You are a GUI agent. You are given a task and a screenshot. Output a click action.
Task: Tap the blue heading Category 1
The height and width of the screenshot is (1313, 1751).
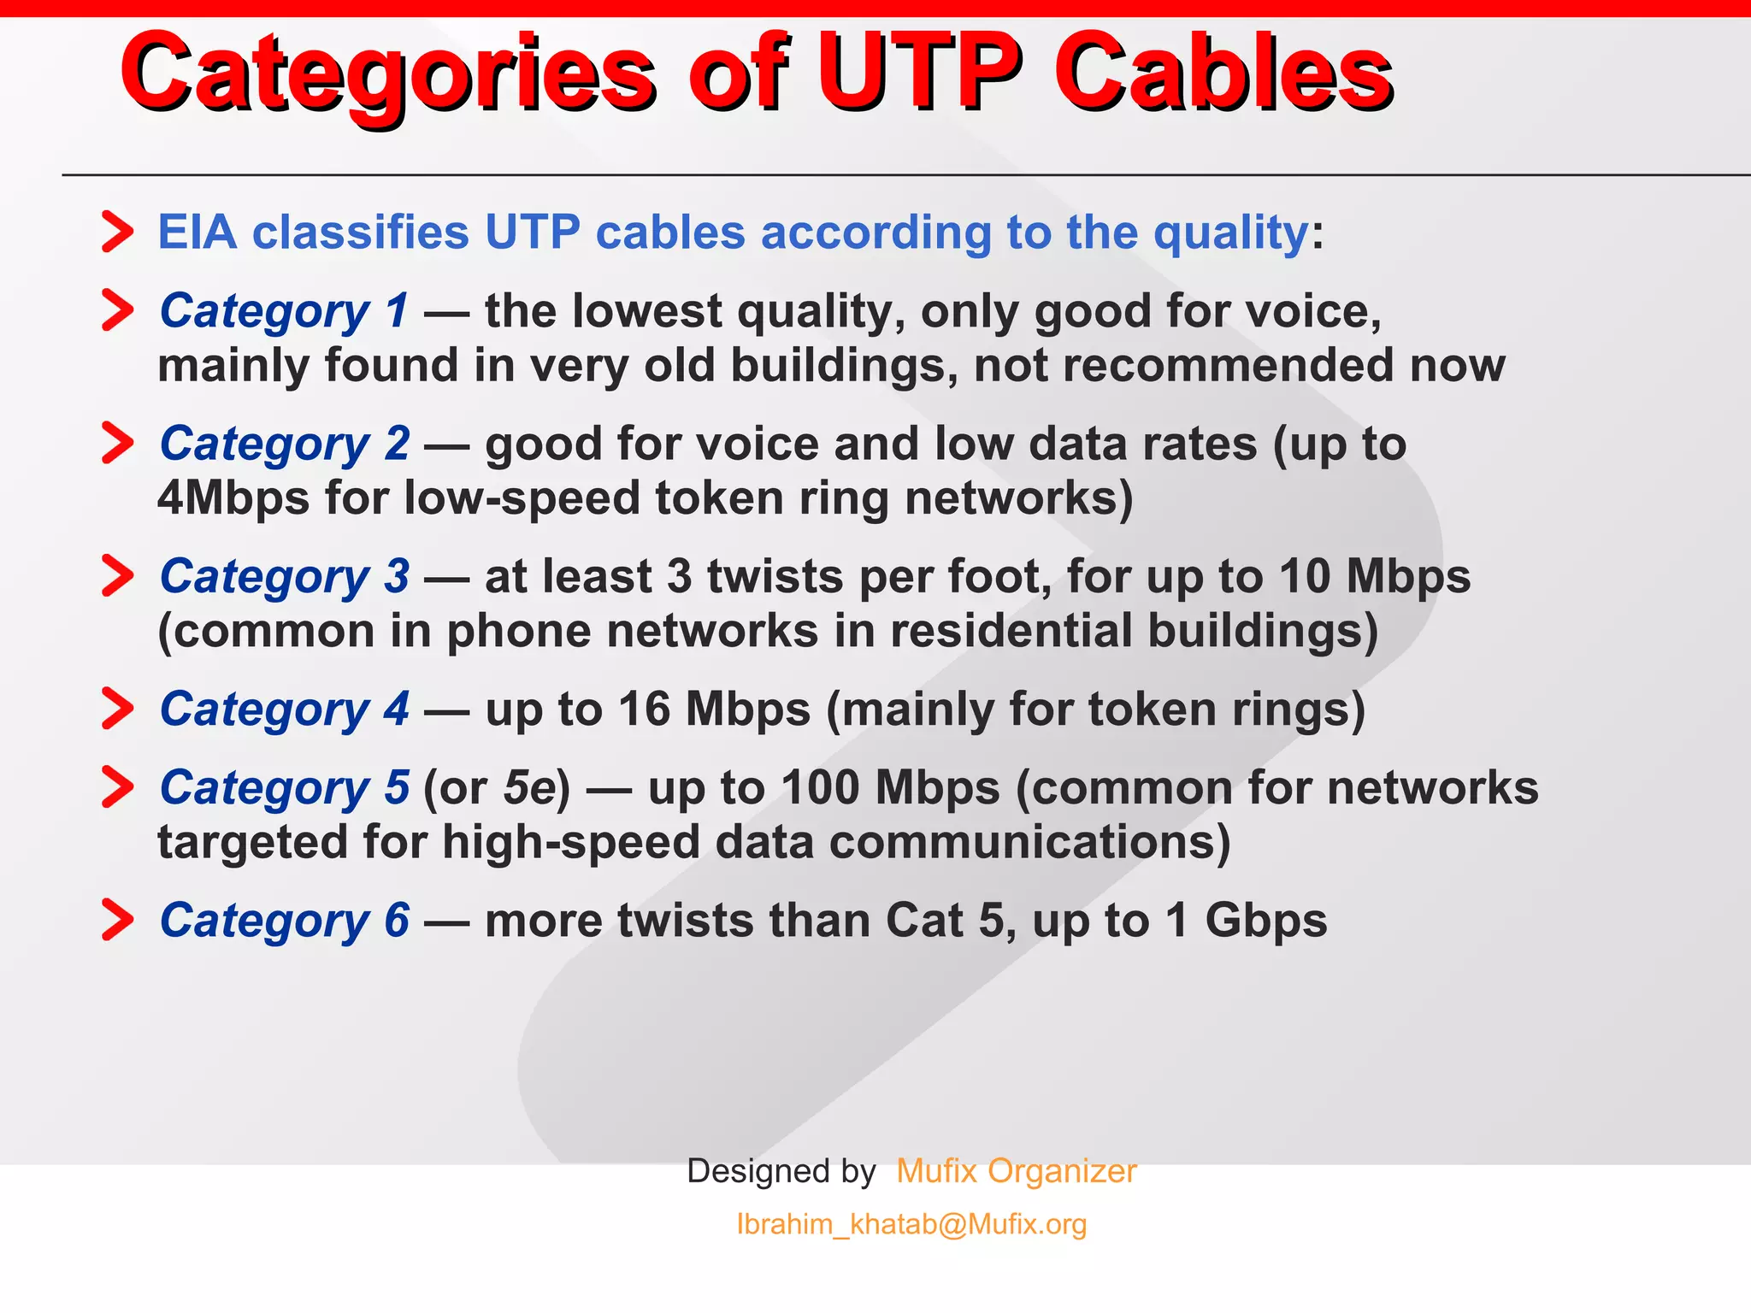click(x=284, y=311)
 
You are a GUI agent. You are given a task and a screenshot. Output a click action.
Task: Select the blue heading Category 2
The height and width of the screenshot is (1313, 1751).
click(x=284, y=445)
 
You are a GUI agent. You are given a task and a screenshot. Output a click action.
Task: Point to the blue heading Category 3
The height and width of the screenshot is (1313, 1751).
click(x=284, y=577)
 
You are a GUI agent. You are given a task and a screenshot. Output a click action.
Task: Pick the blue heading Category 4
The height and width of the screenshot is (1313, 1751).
click(x=284, y=709)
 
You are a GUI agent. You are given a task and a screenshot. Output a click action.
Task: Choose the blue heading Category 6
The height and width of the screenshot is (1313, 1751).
click(x=284, y=921)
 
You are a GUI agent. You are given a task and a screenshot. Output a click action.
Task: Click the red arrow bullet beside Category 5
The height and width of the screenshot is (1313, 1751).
click(x=117, y=787)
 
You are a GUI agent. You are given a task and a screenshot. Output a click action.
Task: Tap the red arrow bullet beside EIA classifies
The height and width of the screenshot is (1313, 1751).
click(x=117, y=232)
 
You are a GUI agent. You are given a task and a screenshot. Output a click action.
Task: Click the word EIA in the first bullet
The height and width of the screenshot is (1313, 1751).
click(x=197, y=233)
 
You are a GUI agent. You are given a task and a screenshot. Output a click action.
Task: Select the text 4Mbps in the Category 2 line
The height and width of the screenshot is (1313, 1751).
click(x=233, y=498)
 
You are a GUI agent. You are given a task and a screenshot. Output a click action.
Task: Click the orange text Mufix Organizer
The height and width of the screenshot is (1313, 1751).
click(x=1016, y=1171)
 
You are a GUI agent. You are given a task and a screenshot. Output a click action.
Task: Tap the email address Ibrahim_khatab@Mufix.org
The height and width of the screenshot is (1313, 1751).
click(x=911, y=1224)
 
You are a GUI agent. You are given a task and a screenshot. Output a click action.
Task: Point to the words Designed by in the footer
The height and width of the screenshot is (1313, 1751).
click(x=781, y=1171)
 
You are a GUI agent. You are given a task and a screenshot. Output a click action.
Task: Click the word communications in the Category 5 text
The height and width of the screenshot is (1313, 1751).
click(x=1029, y=843)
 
